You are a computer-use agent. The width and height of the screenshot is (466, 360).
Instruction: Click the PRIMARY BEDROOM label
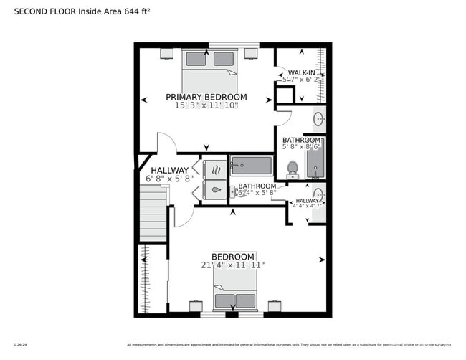(206, 97)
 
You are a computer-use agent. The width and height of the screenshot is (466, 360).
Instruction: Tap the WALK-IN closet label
(301, 73)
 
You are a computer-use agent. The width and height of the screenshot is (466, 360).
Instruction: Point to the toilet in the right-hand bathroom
(293, 169)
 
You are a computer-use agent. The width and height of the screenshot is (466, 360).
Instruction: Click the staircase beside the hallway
(153, 212)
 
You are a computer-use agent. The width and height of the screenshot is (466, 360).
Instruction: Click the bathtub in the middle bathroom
(251, 166)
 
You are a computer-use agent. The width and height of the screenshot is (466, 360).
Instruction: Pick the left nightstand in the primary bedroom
(166, 53)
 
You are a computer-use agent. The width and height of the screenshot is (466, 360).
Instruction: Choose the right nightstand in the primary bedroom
(251, 53)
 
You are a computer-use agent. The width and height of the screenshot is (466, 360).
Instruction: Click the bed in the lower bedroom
(234, 295)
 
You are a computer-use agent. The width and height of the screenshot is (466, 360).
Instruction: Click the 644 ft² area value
(137, 11)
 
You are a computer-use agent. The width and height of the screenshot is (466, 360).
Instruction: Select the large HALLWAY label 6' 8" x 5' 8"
(169, 174)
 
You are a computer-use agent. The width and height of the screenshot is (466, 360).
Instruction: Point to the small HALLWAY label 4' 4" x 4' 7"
(308, 204)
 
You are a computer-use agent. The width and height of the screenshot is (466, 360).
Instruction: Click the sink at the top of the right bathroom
(318, 119)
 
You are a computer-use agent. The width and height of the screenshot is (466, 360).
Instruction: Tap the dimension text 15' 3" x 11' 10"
(206, 106)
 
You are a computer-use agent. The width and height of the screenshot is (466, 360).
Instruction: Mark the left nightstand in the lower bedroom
(196, 306)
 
